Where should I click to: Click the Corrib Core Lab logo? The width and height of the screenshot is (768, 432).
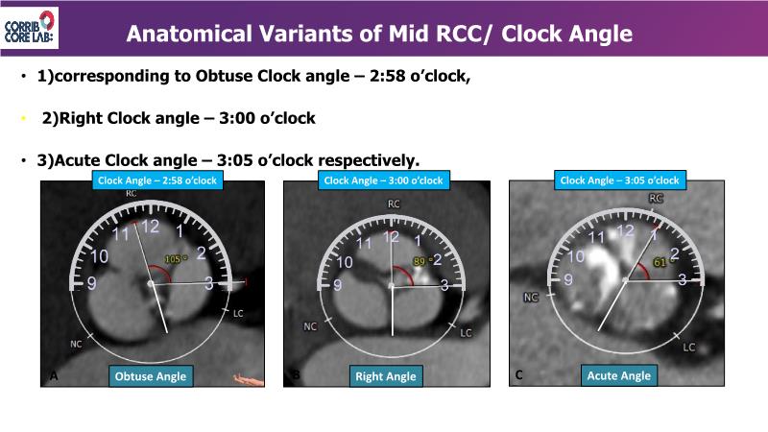[x=30, y=28]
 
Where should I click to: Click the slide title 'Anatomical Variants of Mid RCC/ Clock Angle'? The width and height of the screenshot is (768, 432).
[x=379, y=34]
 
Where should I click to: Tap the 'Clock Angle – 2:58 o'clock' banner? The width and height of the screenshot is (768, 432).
[x=157, y=180]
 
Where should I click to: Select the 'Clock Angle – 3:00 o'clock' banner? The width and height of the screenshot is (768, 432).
[x=383, y=180]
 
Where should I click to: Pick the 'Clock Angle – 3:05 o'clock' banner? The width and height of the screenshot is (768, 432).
[x=619, y=180]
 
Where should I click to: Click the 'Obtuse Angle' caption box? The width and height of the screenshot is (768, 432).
[x=151, y=376]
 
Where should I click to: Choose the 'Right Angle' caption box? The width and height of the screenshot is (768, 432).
[x=386, y=376]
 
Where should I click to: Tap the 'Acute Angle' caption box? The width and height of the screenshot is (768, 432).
[x=619, y=375]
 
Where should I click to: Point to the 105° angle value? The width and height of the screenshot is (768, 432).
[x=175, y=259]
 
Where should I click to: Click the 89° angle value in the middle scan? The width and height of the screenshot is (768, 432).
[x=420, y=261]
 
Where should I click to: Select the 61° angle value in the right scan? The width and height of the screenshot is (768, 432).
[x=660, y=262]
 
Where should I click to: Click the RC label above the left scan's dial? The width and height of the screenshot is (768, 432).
[x=131, y=194]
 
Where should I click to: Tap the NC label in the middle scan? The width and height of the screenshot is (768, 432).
[x=310, y=326]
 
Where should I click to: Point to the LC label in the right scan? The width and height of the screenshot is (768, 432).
[x=688, y=348]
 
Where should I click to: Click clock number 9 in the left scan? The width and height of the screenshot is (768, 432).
[x=91, y=283]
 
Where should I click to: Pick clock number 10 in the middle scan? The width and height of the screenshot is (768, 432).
[x=345, y=262]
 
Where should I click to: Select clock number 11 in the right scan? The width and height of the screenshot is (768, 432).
[x=596, y=237]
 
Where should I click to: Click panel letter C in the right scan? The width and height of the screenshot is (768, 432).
[x=518, y=374]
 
